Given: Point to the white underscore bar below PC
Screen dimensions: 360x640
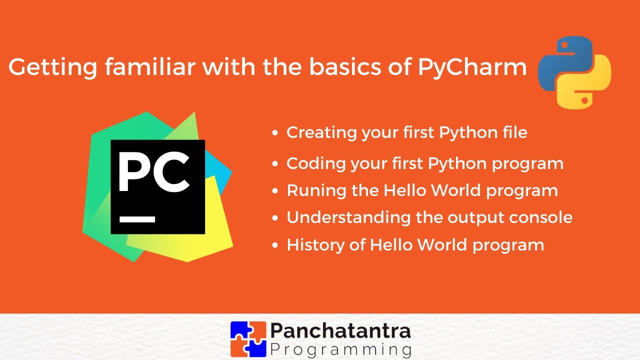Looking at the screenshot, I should point(137,219).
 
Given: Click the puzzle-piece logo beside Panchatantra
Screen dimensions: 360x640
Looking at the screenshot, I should point(248,338).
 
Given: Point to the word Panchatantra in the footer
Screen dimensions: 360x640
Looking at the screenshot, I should point(340,331).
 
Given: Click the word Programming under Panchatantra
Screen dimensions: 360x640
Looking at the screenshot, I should point(340,348).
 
